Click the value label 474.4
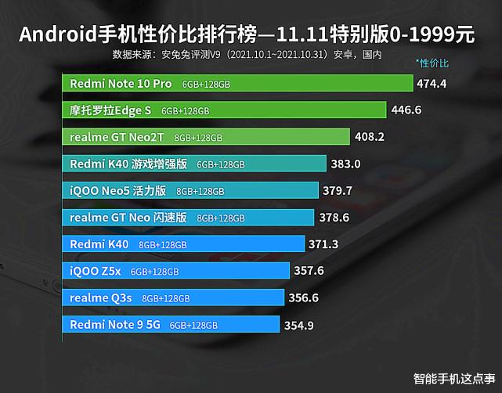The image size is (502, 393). coord(432,83)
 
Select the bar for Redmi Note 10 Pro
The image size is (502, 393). coord(237,83)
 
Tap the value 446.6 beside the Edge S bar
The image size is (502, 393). coord(406,110)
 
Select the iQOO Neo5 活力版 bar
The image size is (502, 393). coord(190,191)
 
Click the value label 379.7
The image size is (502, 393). coord(338,191)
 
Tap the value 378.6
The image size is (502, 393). coord(334,218)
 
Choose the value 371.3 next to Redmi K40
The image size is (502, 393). coord(323,245)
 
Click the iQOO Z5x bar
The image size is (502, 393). coord(177,272)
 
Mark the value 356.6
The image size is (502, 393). coord(304,298)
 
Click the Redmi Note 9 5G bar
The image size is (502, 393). coord(171,325)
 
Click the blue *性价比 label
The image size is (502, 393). coord(432,62)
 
